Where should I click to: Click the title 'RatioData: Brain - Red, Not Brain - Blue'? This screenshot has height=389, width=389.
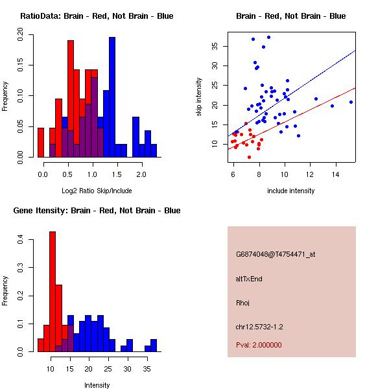(x=97, y=16)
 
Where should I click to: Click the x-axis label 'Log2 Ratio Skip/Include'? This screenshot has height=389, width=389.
(x=97, y=191)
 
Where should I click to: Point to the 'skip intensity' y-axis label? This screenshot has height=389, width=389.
(x=199, y=97)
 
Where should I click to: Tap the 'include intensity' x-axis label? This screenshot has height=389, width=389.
(x=291, y=191)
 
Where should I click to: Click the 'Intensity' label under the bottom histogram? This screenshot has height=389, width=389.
(x=97, y=385)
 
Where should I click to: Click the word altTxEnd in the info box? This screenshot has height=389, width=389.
(x=250, y=279)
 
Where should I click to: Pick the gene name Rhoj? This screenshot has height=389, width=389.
(x=243, y=303)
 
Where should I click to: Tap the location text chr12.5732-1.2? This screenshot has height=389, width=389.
(x=259, y=327)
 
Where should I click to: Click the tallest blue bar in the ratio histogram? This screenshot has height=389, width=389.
(x=112, y=97)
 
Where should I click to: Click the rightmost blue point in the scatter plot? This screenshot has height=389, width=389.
(x=351, y=102)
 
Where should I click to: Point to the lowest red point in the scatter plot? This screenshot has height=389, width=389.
(x=249, y=157)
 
